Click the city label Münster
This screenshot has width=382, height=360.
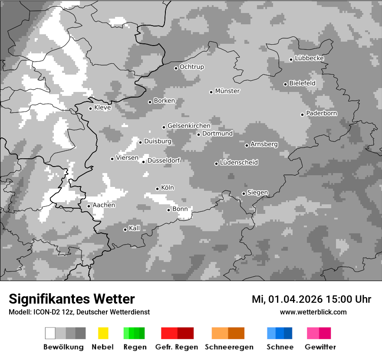[227, 91]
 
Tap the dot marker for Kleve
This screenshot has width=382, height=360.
[90, 108]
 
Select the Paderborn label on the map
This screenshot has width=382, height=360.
[321, 114]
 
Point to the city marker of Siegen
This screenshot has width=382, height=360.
[244, 193]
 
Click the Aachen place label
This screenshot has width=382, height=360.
[104, 205]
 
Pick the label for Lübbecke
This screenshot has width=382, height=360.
[309, 59]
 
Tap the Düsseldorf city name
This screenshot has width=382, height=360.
[163, 161]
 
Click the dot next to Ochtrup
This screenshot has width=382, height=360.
[176, 68]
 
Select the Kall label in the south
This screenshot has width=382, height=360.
[135, 228]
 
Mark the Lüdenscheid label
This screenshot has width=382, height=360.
[239, 163]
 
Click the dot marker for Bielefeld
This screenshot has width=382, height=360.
[285, 84]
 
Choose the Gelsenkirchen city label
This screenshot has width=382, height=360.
[189, 126]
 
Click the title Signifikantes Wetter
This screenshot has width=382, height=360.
[72, 299]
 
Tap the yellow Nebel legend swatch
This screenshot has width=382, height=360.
[103, 333]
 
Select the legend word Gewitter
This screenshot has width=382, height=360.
[320, 347]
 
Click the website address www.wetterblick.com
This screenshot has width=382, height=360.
[313, 312]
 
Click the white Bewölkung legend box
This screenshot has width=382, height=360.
[50, 333]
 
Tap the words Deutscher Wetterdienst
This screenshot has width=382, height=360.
[114, 312]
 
